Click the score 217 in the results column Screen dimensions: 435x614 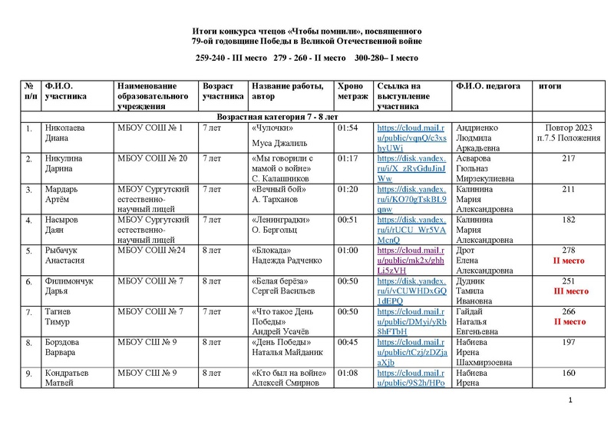[x=569, y=158]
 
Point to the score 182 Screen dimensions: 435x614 [x=569, y=220]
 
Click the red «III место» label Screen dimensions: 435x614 [x=569, y=292]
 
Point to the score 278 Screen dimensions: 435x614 [x=569, y=251]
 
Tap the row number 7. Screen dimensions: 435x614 [x=28, y=312]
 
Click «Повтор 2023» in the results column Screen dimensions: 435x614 [x=569, y=128]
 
